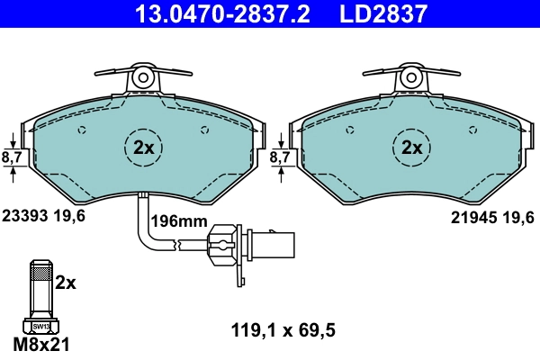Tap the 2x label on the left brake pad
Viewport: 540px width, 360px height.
pyautogui.click(x=144, y=147)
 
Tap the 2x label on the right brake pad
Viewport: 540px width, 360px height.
pyautogui.click(x=412, y=147)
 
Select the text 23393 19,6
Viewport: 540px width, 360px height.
pyautogui.click(x=43, y=216)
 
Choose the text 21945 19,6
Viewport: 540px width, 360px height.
pyautogui.click(x=492, y=216)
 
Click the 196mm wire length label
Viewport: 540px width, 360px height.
pyautogui.click(x=178, y=221)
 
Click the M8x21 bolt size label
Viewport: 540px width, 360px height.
pyautogui.click(x=41, y=344)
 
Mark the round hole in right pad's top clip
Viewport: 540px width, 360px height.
pyautogui.click(x=412, y=77)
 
